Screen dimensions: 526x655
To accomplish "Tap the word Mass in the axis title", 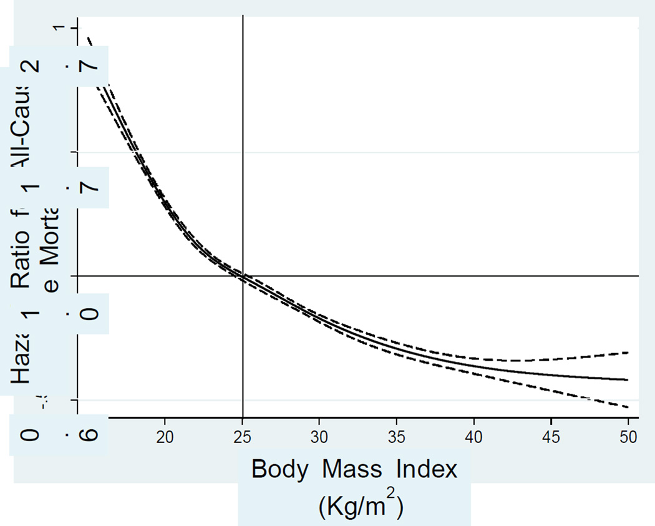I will coord(354,470).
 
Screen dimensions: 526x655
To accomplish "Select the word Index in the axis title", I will coord(429,470).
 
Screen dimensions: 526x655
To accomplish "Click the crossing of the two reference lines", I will coord(243,275).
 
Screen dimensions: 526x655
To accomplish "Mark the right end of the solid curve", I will coord(627,379).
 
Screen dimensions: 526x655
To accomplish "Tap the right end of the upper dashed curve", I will coord(627,353).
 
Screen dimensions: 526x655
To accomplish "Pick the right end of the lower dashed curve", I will coord(627,407).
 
